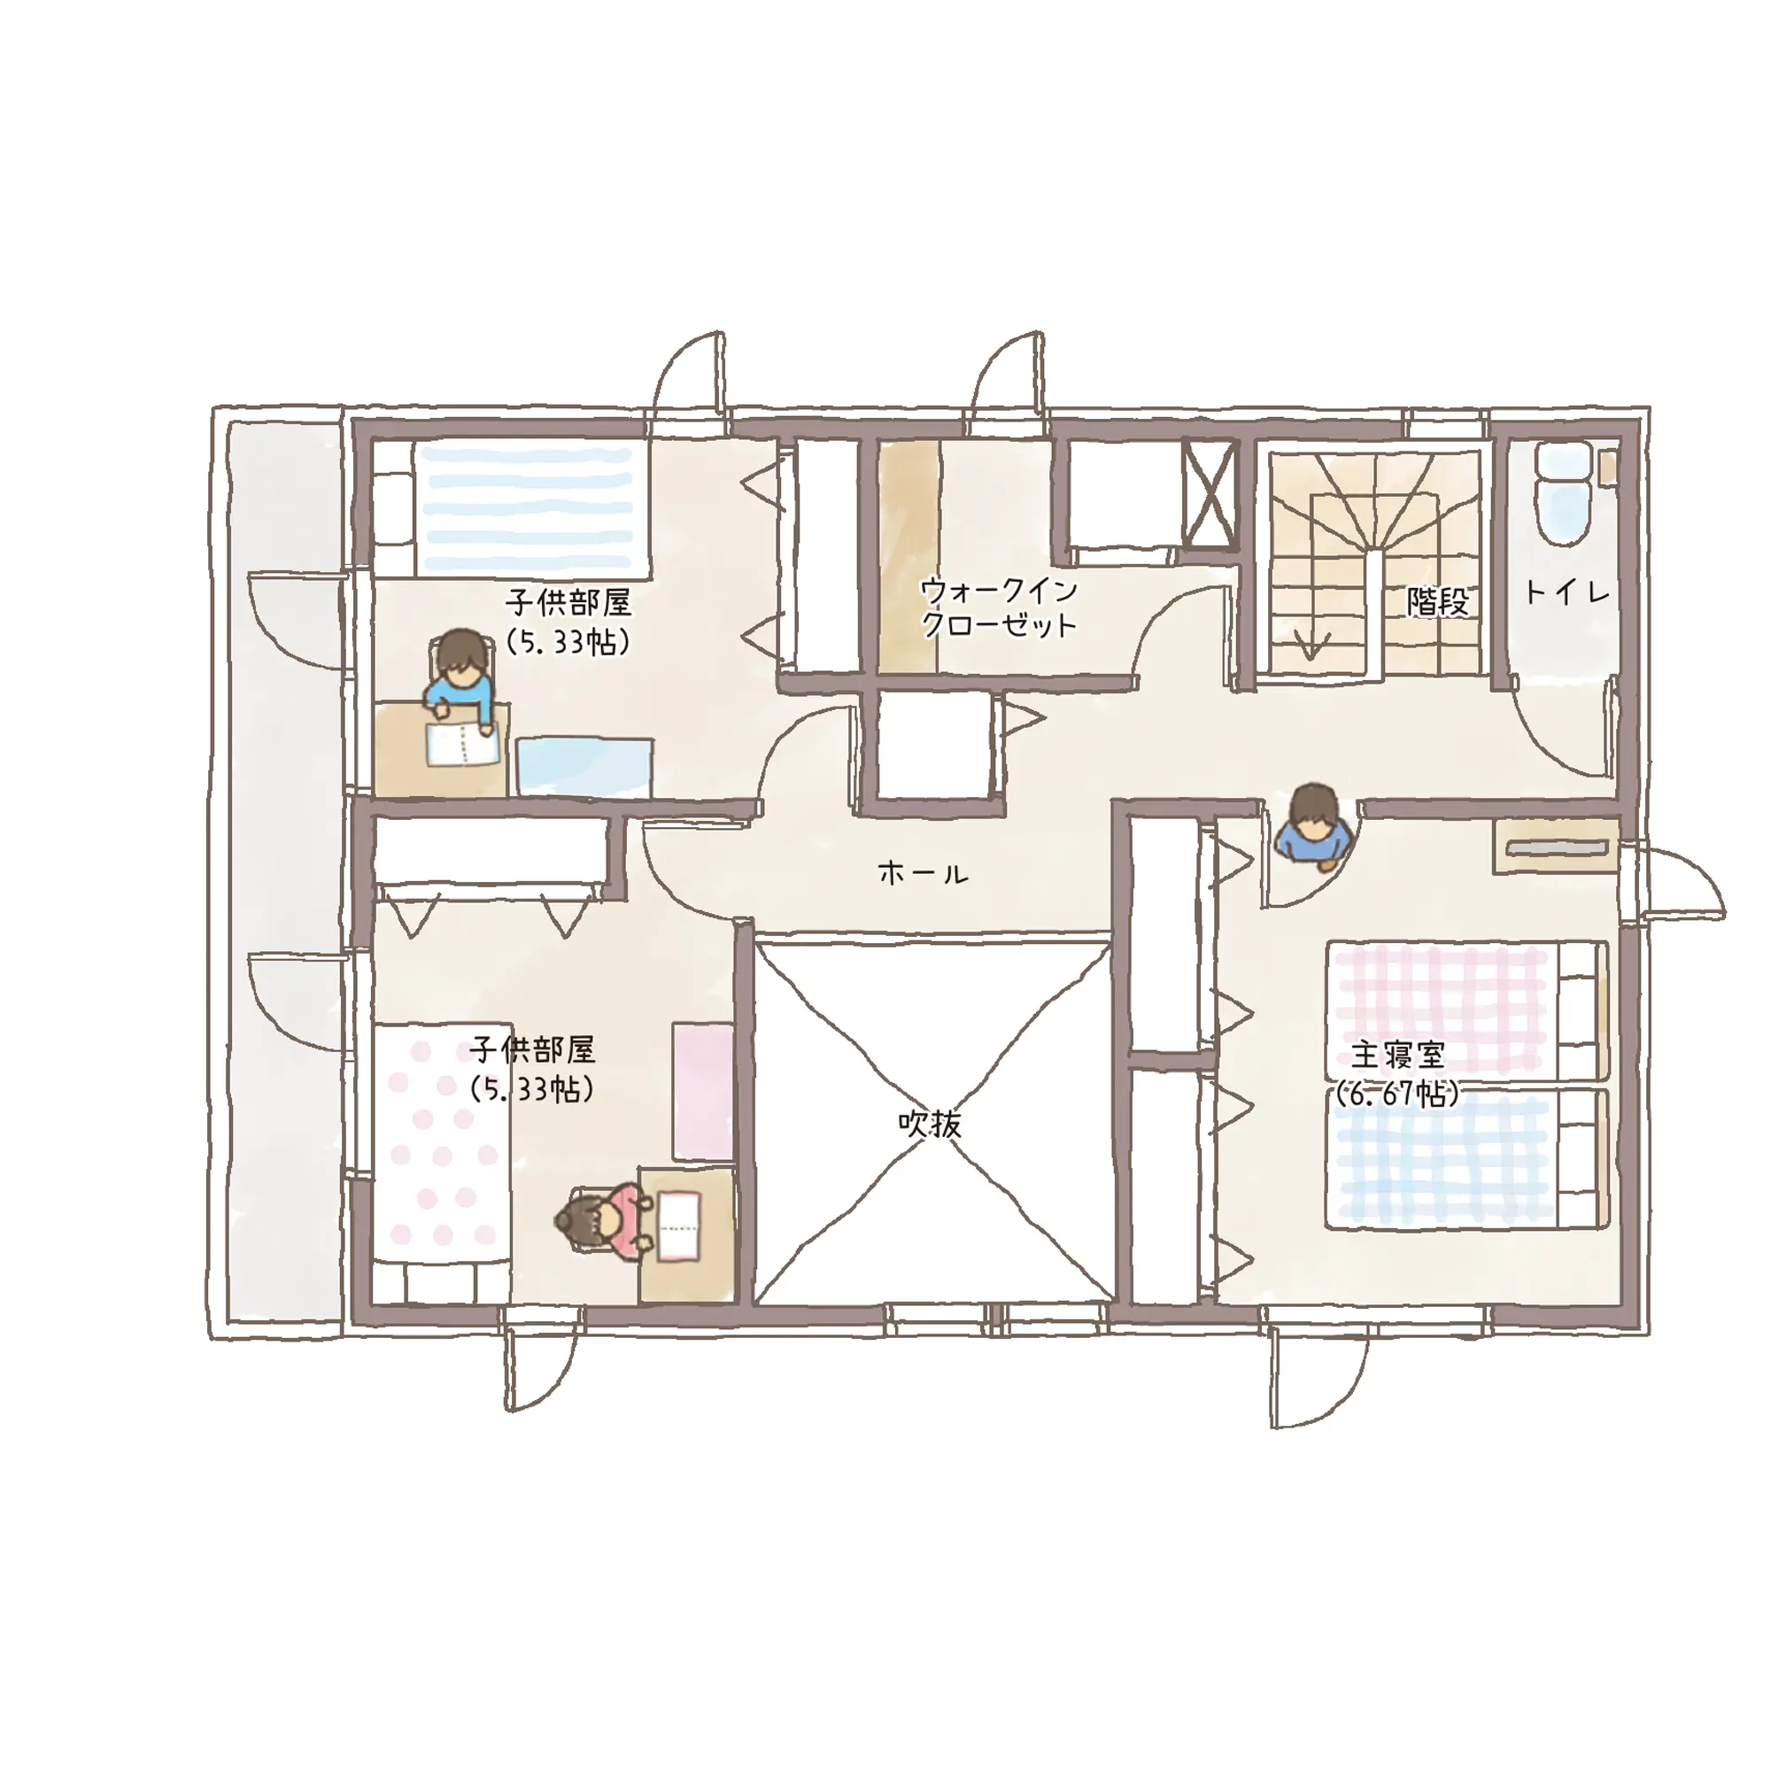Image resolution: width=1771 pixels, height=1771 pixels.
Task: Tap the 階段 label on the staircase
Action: (x=1438, y=601)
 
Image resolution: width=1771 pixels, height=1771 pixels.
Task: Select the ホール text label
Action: (x=922, y=873)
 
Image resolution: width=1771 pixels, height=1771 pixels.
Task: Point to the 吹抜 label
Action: (x=930, y=1124)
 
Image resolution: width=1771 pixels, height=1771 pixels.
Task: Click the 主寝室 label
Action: (x=1397, y=1056)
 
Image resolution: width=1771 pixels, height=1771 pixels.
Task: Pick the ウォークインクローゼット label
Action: (x=998, y=607)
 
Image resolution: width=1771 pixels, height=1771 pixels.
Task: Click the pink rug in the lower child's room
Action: (x=704, y=1092)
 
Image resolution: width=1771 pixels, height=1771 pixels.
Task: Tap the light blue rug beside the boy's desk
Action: (x=584, y=766)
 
